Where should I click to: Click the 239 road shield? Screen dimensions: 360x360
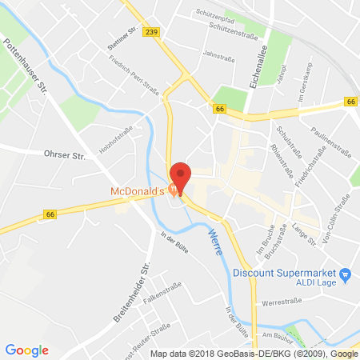pyautogui.click(x=152, y=31)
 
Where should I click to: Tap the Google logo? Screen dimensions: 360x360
pyautogui.click(x=27, y=350)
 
